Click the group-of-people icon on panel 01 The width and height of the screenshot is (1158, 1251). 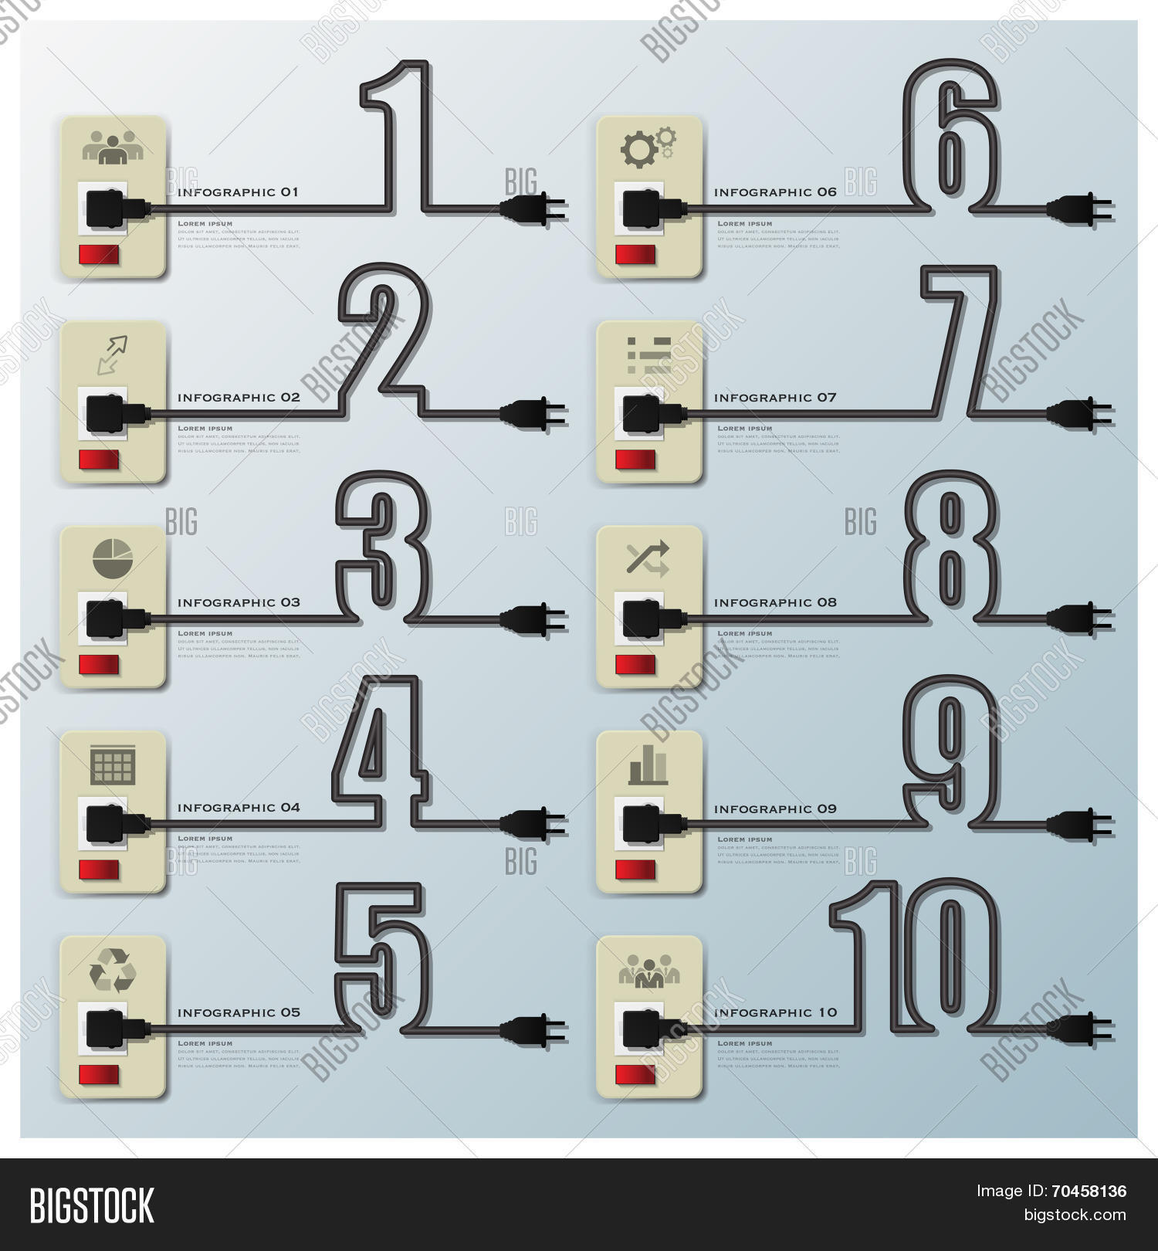(113, 147)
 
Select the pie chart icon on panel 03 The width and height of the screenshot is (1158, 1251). (113, 558)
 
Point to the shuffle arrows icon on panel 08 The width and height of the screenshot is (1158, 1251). (648, 559)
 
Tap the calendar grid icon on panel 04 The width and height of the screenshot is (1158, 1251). (113, 764)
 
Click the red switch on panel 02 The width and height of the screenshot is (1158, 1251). (99, 460)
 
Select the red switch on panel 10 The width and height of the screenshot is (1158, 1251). (635, 1075)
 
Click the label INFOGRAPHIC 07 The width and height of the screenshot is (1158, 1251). (774, 398)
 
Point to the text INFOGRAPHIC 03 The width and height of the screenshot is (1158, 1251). (239, 602)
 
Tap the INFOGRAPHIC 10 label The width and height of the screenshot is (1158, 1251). (775, 1012)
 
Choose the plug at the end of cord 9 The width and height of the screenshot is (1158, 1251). (1078, 824)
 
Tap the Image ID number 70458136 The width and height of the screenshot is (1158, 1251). (1094, 1191)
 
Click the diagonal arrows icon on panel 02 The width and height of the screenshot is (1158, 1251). (113, 354)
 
